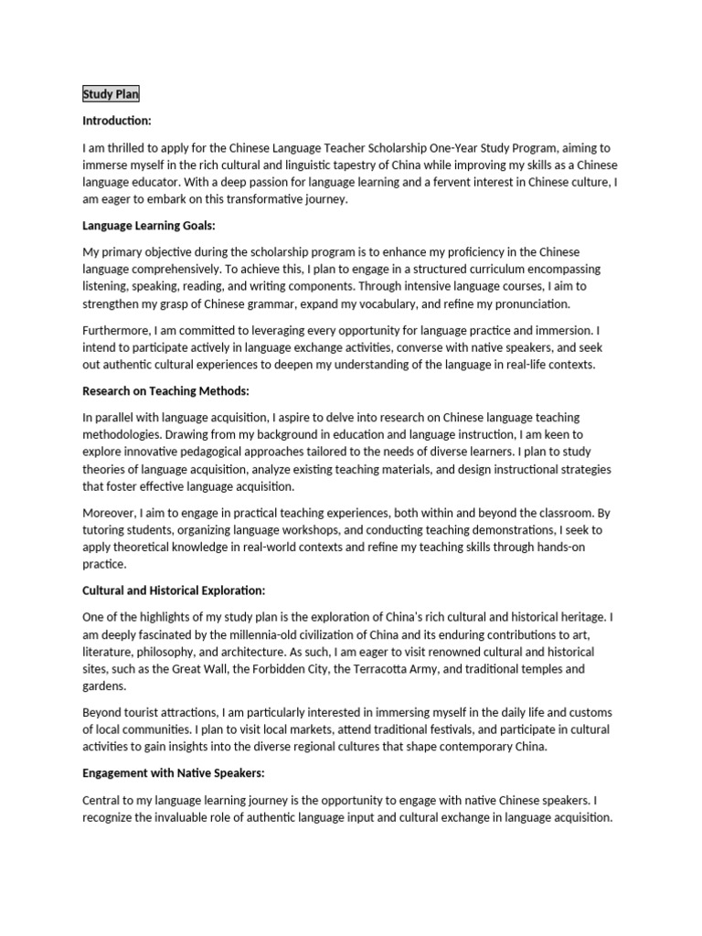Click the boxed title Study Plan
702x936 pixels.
(x=111, y=94)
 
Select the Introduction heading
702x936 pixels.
(x=117, y=121)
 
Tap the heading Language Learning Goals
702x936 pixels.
(x=148, y=225)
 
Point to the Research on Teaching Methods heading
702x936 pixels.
(x=165, y=391)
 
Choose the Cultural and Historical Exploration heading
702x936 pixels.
(x=174, y=591)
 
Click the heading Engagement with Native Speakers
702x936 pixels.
(x=173, y=773)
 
